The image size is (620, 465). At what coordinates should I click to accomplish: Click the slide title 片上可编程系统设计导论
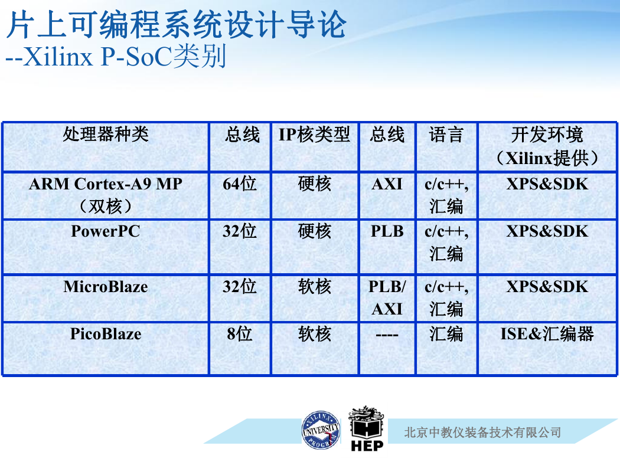(x=177, y=25)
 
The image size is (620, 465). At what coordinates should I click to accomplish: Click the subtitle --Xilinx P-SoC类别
(x=116, y=56)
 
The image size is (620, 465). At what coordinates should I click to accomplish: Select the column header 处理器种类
(x=106, y=135)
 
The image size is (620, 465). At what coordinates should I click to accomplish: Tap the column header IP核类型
(x=314, y=135)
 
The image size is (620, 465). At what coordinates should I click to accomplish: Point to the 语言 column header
(x=446, y=135)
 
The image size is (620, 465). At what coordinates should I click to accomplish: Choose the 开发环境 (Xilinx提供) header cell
(x=547, y=146)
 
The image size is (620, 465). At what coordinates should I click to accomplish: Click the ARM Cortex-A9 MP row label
(x=106, y=195)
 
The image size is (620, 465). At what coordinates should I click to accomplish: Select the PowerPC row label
(x=106, y=231)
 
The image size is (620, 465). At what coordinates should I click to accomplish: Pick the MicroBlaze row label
(x=106, y=286)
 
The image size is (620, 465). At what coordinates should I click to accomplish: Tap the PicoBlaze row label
(x=106, y=334)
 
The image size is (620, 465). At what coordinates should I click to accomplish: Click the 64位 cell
(x=240, y=184)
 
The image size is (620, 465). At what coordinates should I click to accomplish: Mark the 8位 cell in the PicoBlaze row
(x=240, y=334)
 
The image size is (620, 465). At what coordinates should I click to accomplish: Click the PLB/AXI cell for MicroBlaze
(x=387, y=297)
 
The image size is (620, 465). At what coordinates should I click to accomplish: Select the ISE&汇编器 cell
(x=547, y=334)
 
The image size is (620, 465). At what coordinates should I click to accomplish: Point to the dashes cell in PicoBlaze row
(x=387, y=335)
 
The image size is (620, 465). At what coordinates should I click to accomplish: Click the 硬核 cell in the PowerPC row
(x=314, y=231)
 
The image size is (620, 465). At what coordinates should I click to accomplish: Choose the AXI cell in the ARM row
(x=387, y=184)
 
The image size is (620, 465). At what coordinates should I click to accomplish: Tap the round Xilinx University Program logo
(x=321, y=430)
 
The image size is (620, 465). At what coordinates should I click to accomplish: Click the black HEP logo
(x=367, y=428)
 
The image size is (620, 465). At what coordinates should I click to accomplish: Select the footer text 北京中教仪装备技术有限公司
(x=482, y=432)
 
